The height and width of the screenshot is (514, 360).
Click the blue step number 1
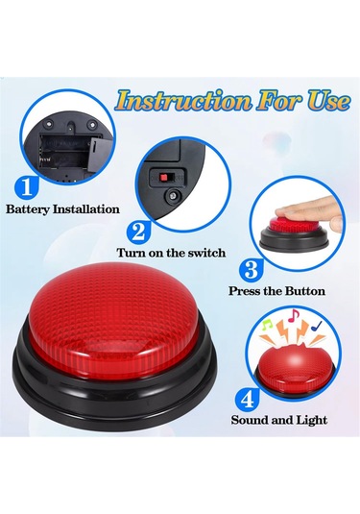pos(28,187)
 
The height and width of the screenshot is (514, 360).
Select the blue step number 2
pos(139,233)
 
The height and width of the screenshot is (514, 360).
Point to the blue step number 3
pos(252,270)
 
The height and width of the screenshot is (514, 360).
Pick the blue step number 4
pos(248,399)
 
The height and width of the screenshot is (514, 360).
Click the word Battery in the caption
pos(28,209)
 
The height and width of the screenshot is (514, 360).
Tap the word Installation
pos(86,208)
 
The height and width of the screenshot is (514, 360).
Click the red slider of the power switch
pos(163,178)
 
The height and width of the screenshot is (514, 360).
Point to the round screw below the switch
pos(171,196)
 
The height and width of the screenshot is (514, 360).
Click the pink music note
pos(294,315)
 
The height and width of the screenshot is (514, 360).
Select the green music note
pos(267,325)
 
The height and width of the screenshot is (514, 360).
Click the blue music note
pos(317,326)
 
